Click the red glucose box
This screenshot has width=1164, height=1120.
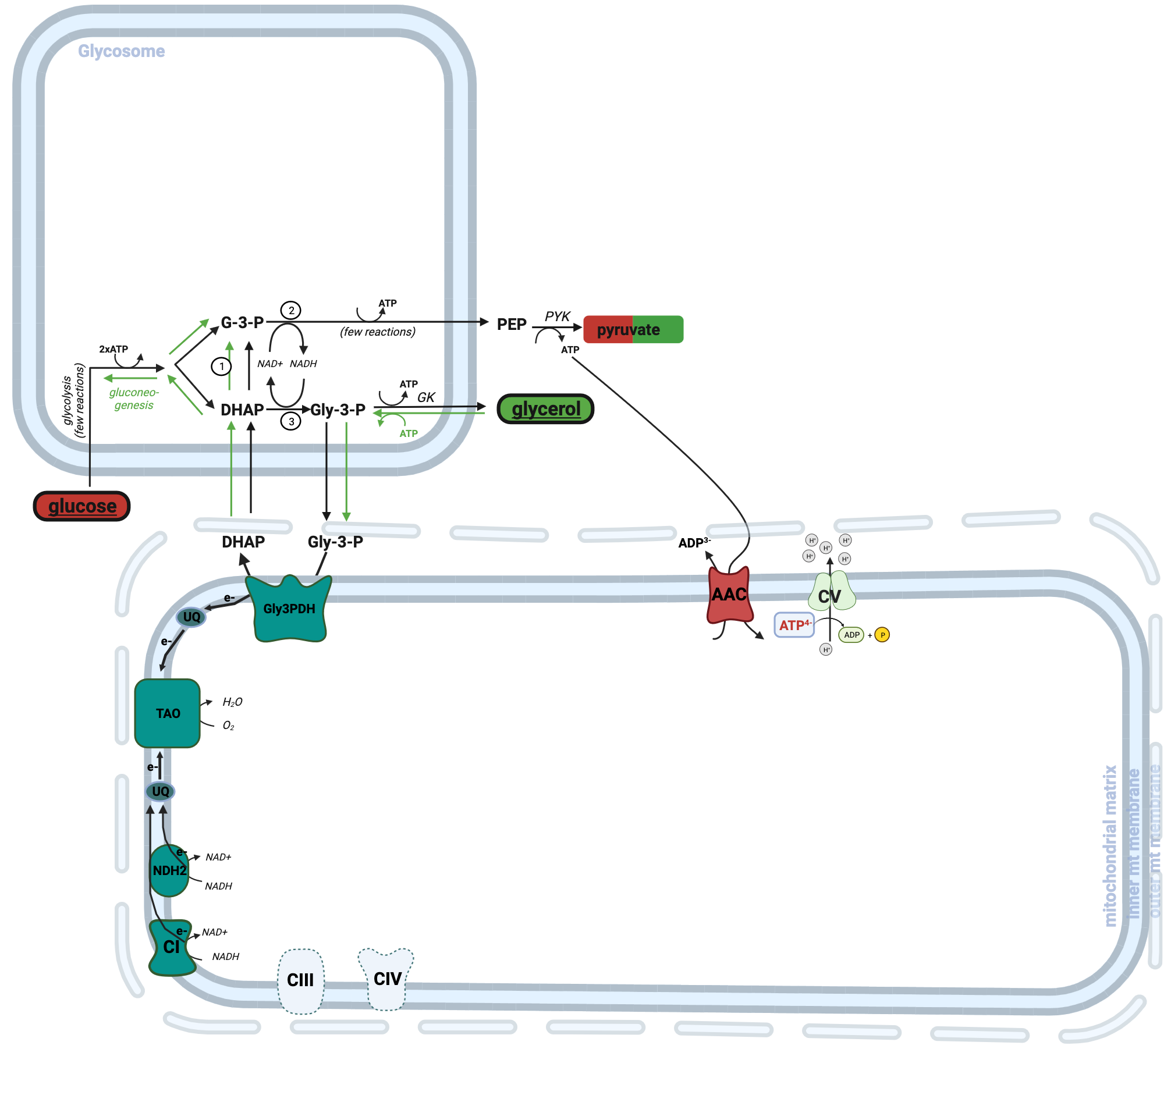82,506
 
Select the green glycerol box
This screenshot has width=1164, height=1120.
545,409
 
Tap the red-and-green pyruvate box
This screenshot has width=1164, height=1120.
633,329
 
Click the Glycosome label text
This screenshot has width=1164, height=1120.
121,51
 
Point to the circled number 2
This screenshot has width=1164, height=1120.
291,311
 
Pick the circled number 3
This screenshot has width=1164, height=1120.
290,421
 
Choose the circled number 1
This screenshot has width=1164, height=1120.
222,366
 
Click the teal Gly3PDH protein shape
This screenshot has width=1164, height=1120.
289,609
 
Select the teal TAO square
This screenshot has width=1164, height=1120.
168,713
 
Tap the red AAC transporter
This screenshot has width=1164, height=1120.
729,595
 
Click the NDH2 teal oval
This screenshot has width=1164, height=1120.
169,870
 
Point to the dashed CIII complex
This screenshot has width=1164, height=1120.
300,980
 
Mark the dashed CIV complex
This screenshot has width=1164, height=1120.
386,978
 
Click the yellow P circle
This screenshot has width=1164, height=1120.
882,635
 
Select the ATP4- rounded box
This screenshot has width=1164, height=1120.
794,625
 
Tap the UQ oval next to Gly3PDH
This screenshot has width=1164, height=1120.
191,617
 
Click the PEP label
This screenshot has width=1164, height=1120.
512,325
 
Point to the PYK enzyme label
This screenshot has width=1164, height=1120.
557,317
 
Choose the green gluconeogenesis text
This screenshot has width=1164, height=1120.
134,399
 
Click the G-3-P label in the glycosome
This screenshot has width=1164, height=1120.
242,322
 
